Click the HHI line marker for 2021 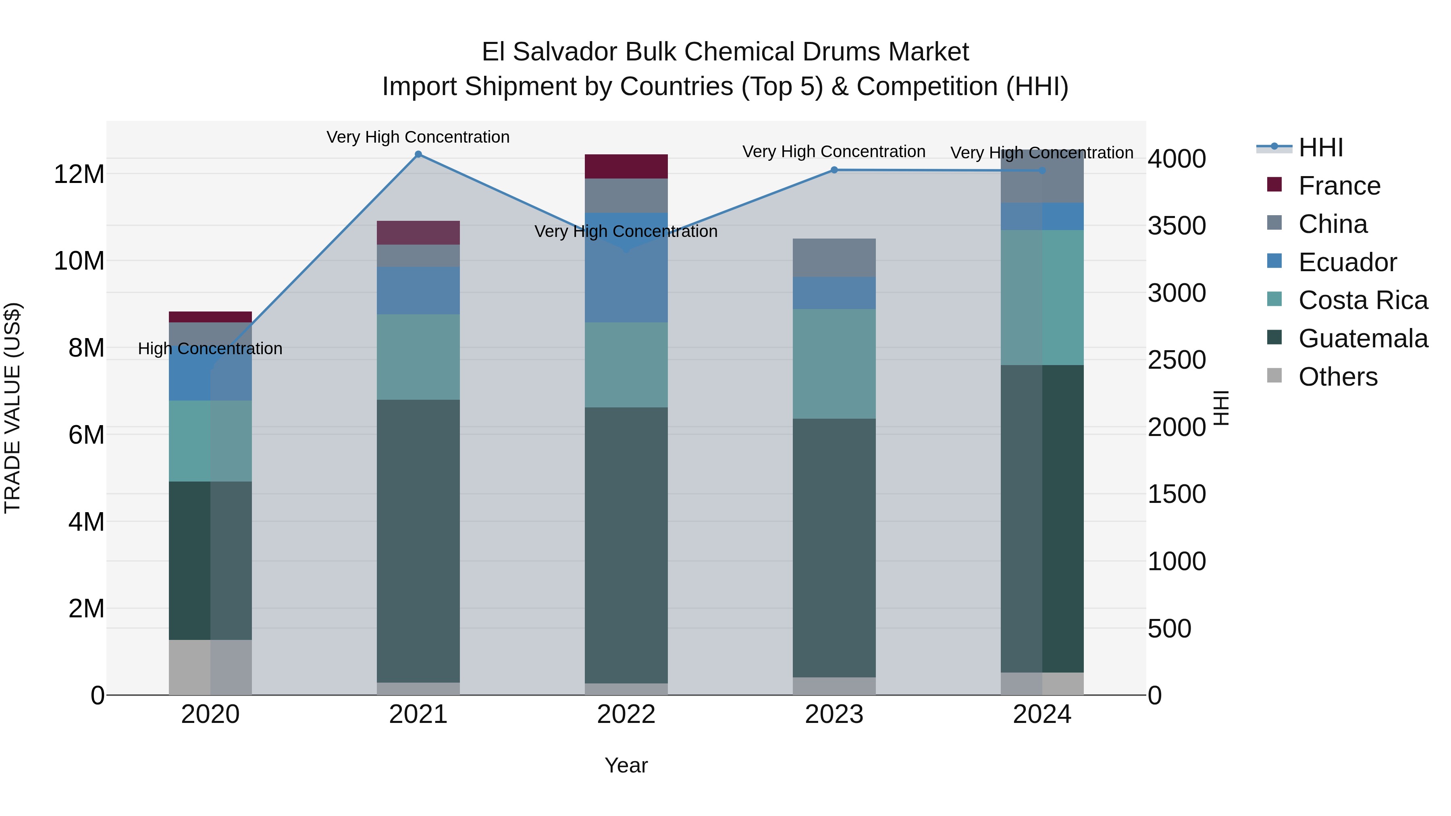point(418,154)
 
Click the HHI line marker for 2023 point(834,170)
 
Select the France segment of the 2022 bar point(626,167)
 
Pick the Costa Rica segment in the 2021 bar point(418,357)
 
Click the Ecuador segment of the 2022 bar point(626,268)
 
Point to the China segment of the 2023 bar point(834,258)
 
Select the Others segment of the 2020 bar point(210,667)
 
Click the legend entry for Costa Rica point(1363,300)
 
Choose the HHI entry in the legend point(1321,147)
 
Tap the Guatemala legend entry point(1363,338)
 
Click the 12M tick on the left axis point(79,174)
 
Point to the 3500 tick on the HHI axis point(1177,226)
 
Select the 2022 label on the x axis point(626,714)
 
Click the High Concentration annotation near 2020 point(210,349)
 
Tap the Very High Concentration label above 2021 point(418,137)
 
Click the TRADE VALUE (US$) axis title point(12,408)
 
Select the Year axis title point(626,765)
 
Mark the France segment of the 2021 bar point(418,233)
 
